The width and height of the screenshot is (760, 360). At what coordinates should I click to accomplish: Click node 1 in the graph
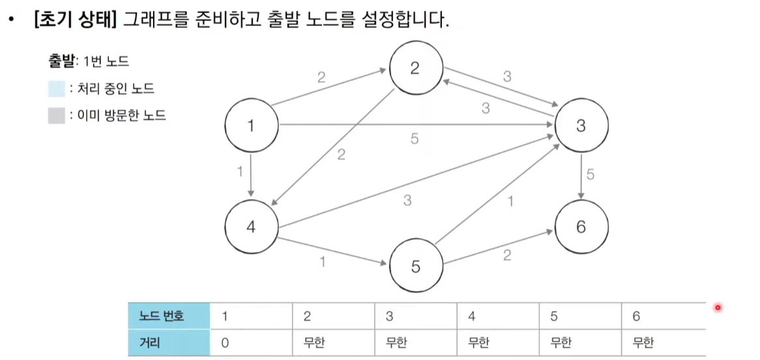pos(251,127)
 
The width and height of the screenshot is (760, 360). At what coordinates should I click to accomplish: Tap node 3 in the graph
pos(581,127)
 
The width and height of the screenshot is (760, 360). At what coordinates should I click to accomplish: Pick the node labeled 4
pos(251,228)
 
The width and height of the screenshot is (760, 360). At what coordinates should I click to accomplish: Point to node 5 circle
pos(416,267)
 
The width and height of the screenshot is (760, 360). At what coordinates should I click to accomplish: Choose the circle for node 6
pos(581,227)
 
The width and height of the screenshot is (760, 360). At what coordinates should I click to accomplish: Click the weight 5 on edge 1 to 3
pos(415,139)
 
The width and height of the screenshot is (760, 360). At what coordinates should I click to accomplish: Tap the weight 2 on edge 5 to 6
pos(506,256)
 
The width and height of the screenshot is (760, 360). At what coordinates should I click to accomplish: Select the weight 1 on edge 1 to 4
pos(240,173)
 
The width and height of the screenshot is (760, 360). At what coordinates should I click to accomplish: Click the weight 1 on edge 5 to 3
pos(510,202)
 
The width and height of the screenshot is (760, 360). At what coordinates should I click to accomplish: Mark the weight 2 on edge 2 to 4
pos(340,155)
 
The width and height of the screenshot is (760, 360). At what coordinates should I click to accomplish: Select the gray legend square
pos(56,116)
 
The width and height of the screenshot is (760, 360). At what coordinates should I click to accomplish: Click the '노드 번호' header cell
pos(169,316)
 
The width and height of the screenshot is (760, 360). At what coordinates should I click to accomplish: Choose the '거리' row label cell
pos(169,342)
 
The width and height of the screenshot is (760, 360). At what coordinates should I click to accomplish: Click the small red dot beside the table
pos(718,308)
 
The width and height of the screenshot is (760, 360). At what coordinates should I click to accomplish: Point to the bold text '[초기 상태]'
pos(74,20)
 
